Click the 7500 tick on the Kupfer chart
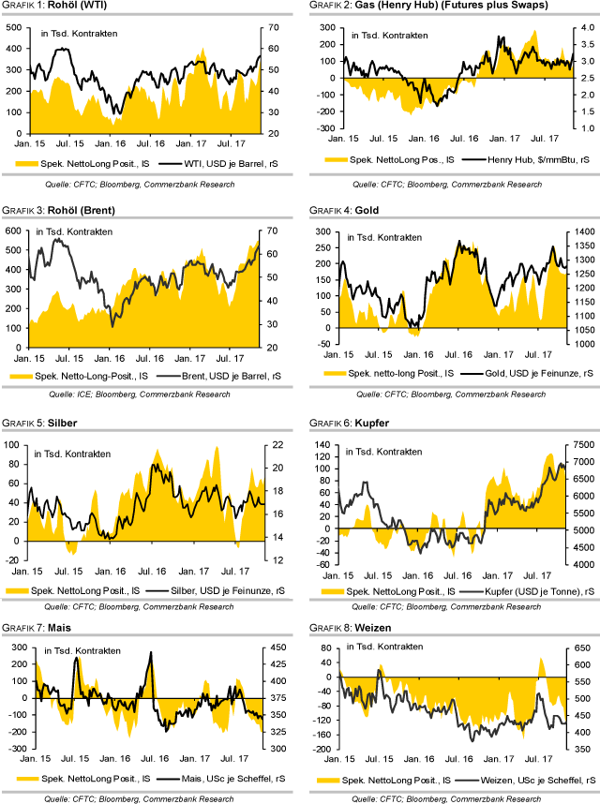click(x=579, y=444)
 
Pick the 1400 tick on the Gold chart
click(x=579, y=231)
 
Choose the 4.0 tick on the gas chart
click(x=575, y=29)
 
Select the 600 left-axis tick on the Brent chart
click(x=14, y=231)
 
